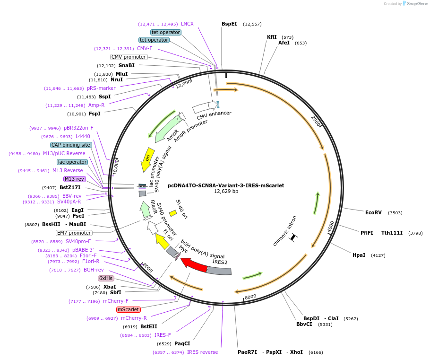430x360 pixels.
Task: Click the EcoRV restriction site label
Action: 373,212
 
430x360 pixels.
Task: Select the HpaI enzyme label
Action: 359,255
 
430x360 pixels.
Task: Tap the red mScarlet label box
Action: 129,309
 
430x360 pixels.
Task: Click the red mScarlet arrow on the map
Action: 194,265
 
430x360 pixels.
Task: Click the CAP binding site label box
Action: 71,145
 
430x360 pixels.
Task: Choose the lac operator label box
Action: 73,162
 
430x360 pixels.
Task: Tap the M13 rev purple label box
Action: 74,179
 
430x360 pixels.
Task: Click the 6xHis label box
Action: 106,278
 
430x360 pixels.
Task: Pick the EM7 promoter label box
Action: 74,233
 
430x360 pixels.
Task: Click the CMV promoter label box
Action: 129,57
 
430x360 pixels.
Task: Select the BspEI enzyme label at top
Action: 229,24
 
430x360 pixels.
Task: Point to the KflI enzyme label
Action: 272,37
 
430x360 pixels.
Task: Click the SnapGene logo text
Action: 416,3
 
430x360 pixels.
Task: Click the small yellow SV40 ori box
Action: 173,213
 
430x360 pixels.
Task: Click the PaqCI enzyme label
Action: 182,343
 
